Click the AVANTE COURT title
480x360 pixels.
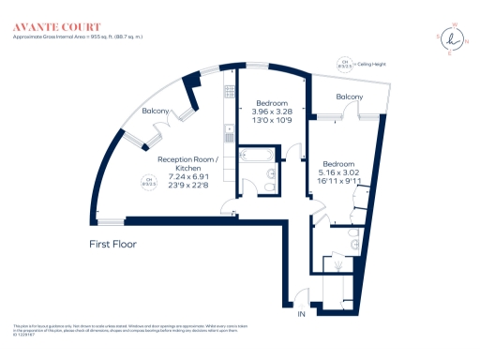[x=50, y=27]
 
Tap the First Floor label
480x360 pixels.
[x=108, y=244]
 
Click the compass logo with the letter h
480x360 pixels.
[x=454, y=39]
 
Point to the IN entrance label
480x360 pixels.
[x=302, y=315]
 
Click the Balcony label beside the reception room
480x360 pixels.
[x=156, y=112]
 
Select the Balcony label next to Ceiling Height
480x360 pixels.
[x=350, y=97]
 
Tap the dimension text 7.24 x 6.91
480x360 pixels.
[x=187, y=175]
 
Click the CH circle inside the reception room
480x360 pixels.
[x=147, y=182]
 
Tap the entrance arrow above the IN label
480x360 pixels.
[x=302, y=298]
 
